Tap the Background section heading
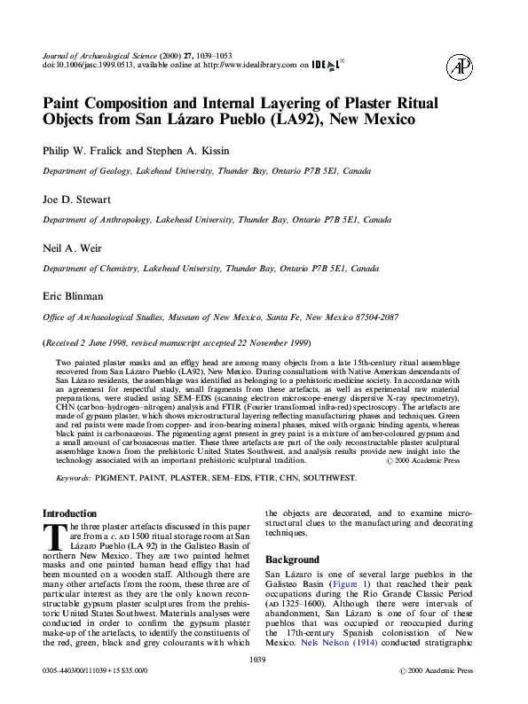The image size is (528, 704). (293, 560)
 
